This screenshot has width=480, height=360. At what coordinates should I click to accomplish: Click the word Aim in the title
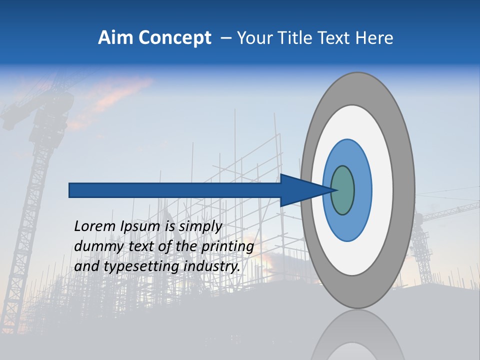(116, 37)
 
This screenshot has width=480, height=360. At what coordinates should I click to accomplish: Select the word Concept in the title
(174, 37)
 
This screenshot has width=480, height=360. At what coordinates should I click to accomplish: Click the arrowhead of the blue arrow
(305, 190)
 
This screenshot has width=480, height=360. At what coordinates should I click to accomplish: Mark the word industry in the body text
(212, 266)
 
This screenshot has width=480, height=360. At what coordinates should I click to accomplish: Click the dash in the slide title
(226, 38)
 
